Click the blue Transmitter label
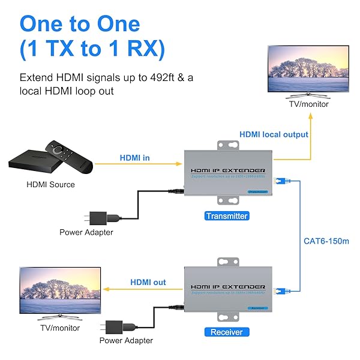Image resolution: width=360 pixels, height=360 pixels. (226, 216)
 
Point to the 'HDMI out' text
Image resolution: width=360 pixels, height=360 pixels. (148, 282)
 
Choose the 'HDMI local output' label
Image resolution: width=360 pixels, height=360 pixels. (274, 134)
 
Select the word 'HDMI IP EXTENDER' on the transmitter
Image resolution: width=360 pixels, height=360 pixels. (227, 170)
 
